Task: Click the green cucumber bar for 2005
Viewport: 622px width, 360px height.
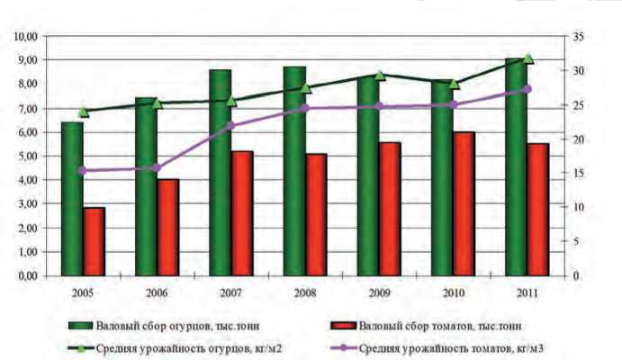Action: point(72,198)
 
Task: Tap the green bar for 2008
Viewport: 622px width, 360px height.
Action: point(294,171)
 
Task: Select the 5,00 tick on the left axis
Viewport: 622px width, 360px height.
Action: point(25,156)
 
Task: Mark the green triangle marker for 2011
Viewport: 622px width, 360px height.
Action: point(528,58)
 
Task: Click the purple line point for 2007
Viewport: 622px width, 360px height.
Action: point(231,125)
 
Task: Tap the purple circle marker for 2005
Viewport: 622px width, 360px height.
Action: point(83,170)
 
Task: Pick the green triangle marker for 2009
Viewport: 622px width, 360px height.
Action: point(380,76)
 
